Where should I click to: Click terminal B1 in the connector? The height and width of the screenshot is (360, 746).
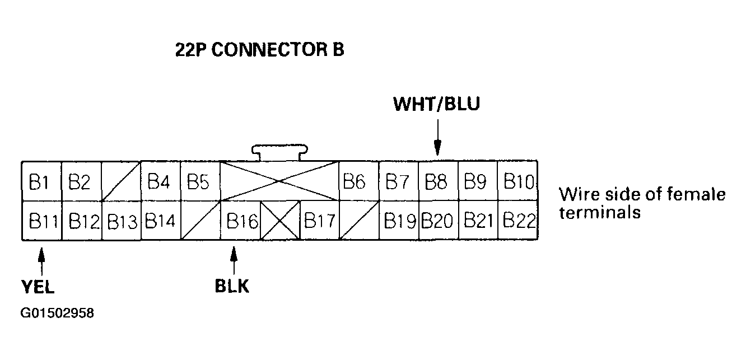coord(41,181)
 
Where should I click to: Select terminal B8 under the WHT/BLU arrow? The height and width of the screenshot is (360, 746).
coord(439,181)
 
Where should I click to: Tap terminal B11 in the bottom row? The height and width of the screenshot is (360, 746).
coord(41,221)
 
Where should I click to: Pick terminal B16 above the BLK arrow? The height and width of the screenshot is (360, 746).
coord(240,221)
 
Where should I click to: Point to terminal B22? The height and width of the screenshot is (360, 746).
coord(518,221)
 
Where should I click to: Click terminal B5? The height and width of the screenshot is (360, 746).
coord(200,181)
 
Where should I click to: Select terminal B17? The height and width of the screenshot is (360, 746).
coord(319,221)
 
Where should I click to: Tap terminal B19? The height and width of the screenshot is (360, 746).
coord(399,221)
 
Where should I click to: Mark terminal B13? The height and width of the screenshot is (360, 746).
coord(121,221)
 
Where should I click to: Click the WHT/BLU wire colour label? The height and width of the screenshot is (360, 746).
coord(437,104)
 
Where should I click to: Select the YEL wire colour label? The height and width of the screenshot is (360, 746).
coord(38,287)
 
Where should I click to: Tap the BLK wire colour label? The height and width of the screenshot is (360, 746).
coord(232,286)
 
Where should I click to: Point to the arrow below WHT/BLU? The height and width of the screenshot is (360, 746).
coord(437,137)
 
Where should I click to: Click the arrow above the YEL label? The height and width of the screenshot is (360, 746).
coord(41,261)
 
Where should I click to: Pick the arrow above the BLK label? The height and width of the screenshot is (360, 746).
coord(234,260)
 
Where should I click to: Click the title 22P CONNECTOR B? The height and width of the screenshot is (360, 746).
coord(259,50)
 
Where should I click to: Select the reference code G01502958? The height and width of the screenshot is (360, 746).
coord(57,313)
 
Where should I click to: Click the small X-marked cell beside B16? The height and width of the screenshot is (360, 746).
coord(280,221)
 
